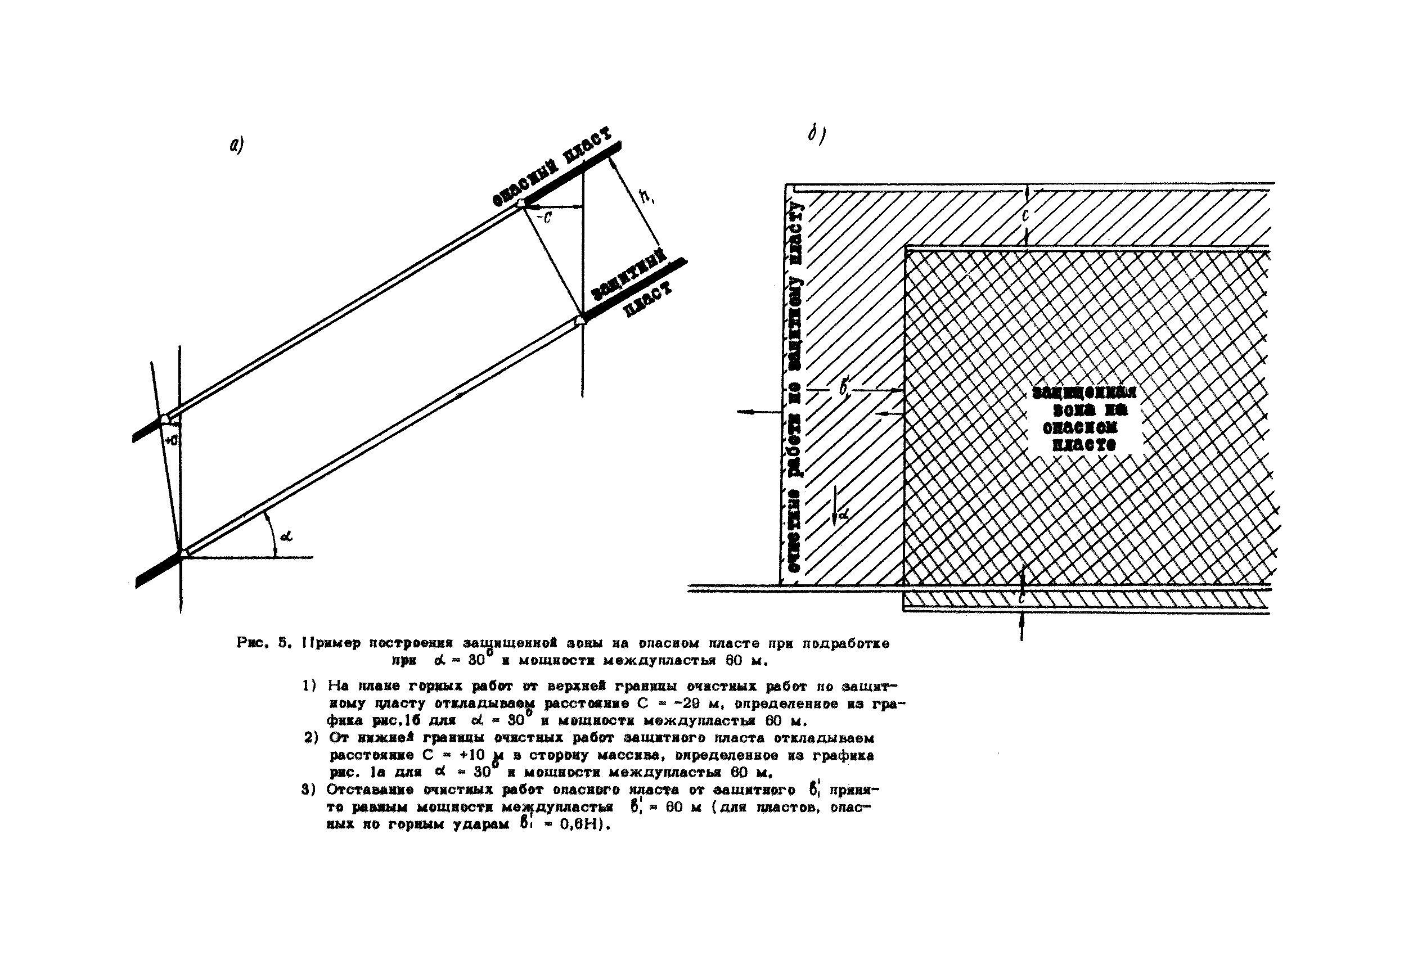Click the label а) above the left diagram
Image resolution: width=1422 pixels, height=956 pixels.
[237, 146]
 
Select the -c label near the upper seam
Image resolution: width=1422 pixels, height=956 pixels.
[544, 217]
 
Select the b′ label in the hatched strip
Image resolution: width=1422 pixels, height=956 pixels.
[845, 388]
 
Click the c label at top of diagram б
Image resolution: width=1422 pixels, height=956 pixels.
[1025, 215]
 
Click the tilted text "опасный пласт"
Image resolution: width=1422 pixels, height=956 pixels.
[552, 167]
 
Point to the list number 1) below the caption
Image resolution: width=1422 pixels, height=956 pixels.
[309, 686]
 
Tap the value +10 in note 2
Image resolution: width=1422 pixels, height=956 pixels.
[472, 755]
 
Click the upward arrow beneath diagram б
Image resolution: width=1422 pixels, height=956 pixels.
[1022, 628]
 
